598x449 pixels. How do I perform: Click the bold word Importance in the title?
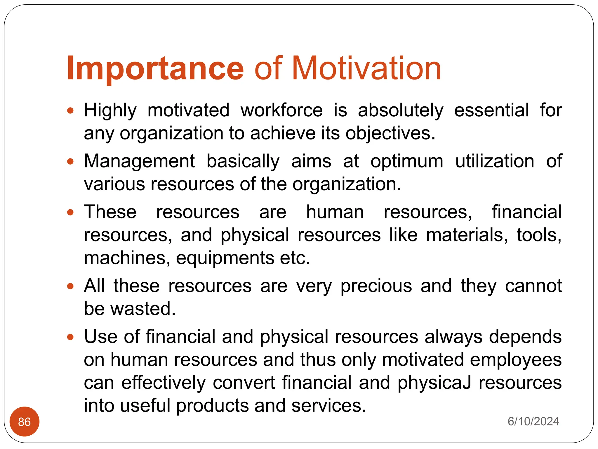point(155,68)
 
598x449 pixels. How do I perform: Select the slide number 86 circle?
point(25,422)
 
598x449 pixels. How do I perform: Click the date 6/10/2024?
point(533,422)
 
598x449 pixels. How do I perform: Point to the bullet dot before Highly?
point(70,111)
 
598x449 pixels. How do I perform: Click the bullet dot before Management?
point(70,162)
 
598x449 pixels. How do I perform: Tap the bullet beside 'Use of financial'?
point(70,337)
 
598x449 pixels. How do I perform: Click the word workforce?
point(281,110)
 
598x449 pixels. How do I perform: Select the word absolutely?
point(401,111)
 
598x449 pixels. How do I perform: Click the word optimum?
point(407,162)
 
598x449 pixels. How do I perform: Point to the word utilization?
point(495,161)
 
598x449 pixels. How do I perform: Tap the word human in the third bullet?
point(335,212)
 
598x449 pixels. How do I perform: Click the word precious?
point(376,286)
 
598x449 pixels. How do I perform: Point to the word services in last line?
point(328,406)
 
